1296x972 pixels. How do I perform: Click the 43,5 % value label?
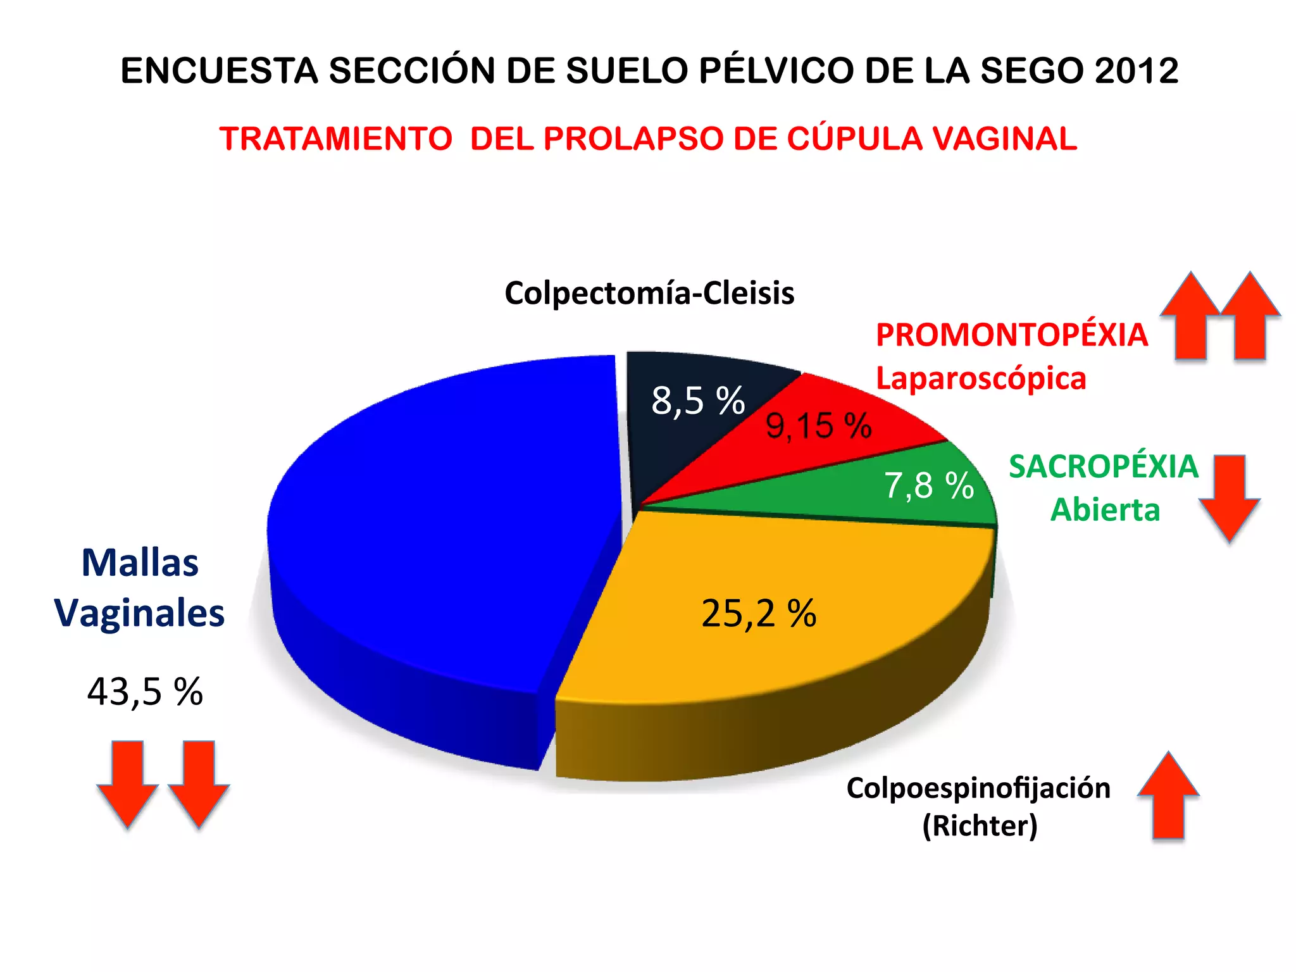coord(145,692)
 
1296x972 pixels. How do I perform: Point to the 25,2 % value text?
coord(759,613)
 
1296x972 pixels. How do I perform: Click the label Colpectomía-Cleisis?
coord(649,293)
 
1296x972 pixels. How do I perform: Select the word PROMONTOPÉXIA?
coord(1011,335)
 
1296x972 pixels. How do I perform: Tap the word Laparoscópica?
coord(981,378)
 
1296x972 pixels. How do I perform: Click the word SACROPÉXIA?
coord(1104,466)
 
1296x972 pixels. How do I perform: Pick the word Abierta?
coord(1105,510)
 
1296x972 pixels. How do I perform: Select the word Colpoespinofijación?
coord(978,788)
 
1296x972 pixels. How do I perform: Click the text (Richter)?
coord(980,826)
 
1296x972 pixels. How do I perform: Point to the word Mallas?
coord(140,563)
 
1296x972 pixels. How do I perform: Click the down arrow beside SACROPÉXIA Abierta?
coord(1229,497)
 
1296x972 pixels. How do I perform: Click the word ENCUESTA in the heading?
coord(219,70)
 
